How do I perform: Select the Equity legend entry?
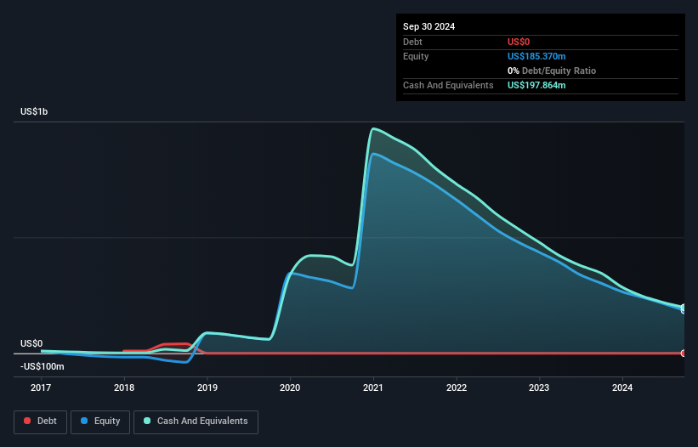pyautogui.click(x=101, y=421)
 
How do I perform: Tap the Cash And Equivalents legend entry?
pyautogui.click(x=196, y=421)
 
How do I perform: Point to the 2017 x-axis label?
pyautogui.click(x=41, y=388)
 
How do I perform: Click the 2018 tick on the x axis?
pyautogui.click(x=124, y=388)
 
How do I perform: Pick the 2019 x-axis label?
pyautogui.click(x=207, y=388)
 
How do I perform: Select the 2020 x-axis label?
pyautogui.click(x=291, y=388)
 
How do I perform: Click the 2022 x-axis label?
pyautogui.click(x=457, y=388)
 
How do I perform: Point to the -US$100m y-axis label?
pyautogui.click(x=43, y=366)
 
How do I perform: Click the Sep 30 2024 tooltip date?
pyautogui.click(x=428, y=26)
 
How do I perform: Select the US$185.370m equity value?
pyautogui.click(x=536, y=56)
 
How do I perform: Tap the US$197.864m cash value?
pyautogui.click(x=536, y=85)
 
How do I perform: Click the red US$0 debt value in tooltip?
pyautogui.click(x=519, y=42)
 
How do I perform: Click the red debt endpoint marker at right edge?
pyautogui.click(x=684, y=353)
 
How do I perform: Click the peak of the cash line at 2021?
pyautogui.click(x=373, y=129)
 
